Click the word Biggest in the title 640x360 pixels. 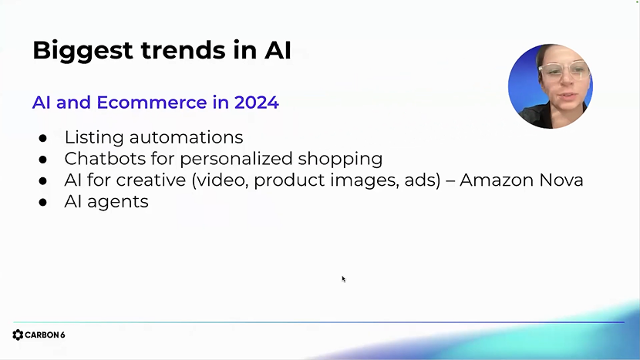[x=83, y=51]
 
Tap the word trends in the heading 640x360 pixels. [x=184, y=50]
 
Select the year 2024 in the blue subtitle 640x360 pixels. [x=256, y=103]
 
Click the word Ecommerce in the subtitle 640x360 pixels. [x=152, y=103]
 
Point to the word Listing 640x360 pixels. [x=94, y=138]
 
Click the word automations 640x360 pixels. [x=186, y=137]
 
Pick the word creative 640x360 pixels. [x=151, y=180]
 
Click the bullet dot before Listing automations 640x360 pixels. [x=43, y=138]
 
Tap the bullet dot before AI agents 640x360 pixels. [x=43, y=203]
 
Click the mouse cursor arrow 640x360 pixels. [x=344, y=279]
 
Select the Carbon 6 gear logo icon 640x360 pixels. [x=18, y=335]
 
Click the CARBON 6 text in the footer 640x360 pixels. [x=45, y=335]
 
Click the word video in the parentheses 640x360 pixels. [x=222, y=181]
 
